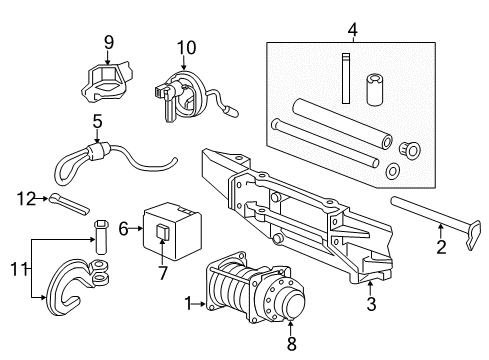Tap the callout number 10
click(x=187, y=47)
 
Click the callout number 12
click(x=26, y=198)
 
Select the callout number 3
click(x=372, y=302)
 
